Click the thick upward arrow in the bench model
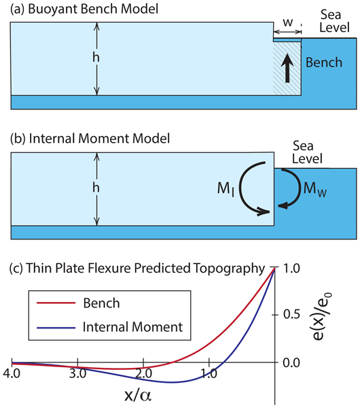point(287,68)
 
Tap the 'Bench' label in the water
point(324,63)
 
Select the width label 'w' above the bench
point(288,22)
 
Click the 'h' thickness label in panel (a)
point(96,57)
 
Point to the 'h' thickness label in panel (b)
point(96,188)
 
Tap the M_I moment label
point(226,188)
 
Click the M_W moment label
point(315,188)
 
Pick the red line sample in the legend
point(56,303)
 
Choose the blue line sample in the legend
point(56,328)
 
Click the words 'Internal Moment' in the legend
point(132,327)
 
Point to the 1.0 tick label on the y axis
point(291,269)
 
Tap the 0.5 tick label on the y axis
point(291,314)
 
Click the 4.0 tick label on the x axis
point(12,373)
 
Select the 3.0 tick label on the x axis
point(77,373)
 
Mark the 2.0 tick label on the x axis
point(143,373)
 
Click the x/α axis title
point(137,395)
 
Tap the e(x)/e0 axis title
point(321,316)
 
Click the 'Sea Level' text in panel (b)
point(307,152)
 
